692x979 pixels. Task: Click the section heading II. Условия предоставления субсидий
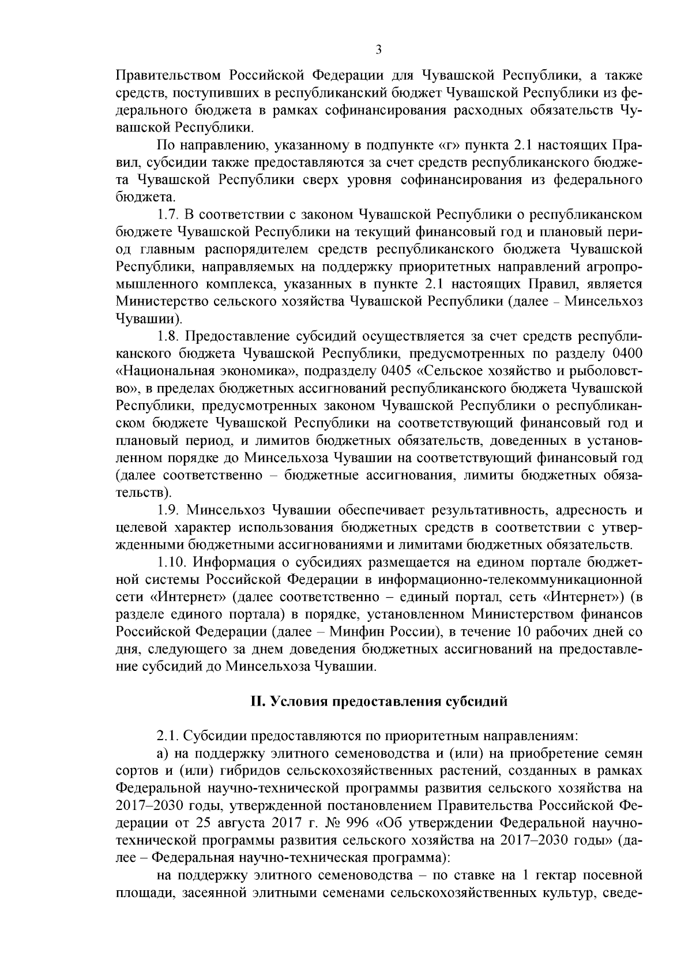pos(379,702)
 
